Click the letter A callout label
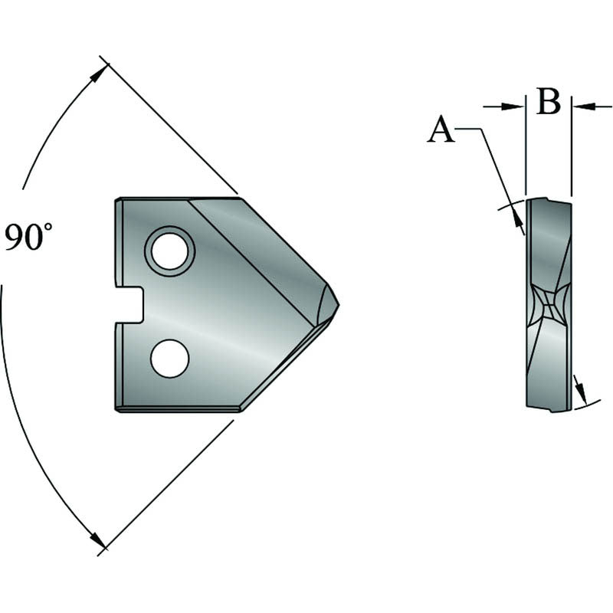point(441,130)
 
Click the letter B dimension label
point(548,102)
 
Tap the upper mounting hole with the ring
point(170,250)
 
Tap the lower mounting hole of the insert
point(170,358)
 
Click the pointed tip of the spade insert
point(336,304)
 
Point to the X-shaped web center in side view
point(549,309)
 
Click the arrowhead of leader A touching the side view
point(519,223)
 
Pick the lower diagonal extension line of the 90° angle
point(169,486)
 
